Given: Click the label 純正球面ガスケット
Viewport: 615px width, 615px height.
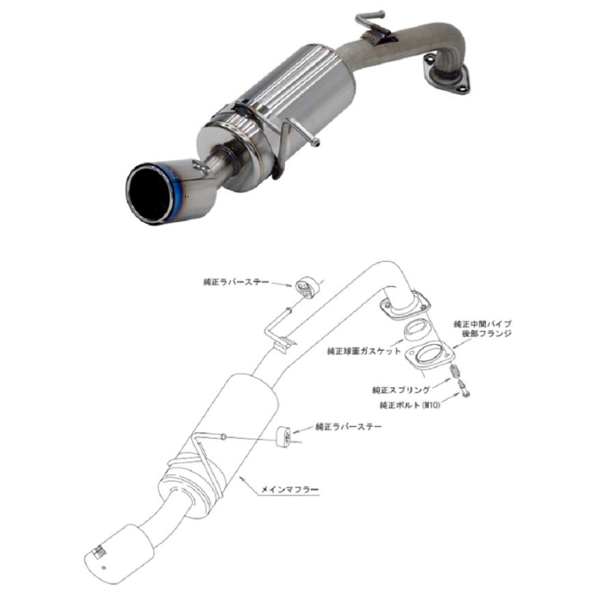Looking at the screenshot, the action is click(x=364, y=351).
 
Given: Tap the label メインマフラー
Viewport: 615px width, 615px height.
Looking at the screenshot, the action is click(x=290, y=489).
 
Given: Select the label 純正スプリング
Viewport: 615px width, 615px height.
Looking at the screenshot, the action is click(x=401, y=390).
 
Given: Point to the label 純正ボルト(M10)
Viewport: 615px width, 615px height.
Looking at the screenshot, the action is click(x=410, y=405).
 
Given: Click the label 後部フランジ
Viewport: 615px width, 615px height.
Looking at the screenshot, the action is click(x=487, y=334).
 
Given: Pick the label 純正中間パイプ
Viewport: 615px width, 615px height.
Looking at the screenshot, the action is click(x=482, y=324).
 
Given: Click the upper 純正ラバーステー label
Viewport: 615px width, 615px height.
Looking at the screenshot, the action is click(x=236, y=282).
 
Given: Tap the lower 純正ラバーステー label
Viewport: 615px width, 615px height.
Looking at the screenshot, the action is click(x=348, y=426).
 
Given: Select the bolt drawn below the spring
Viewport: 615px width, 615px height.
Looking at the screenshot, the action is click(x=463, y=389).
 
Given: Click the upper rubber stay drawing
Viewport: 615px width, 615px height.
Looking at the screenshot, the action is click(x=307, y=288).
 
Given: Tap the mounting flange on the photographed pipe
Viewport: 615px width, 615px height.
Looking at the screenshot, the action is click(x=446, y=77).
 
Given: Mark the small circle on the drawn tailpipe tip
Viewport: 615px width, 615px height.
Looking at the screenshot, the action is click(x=103, y=568).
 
